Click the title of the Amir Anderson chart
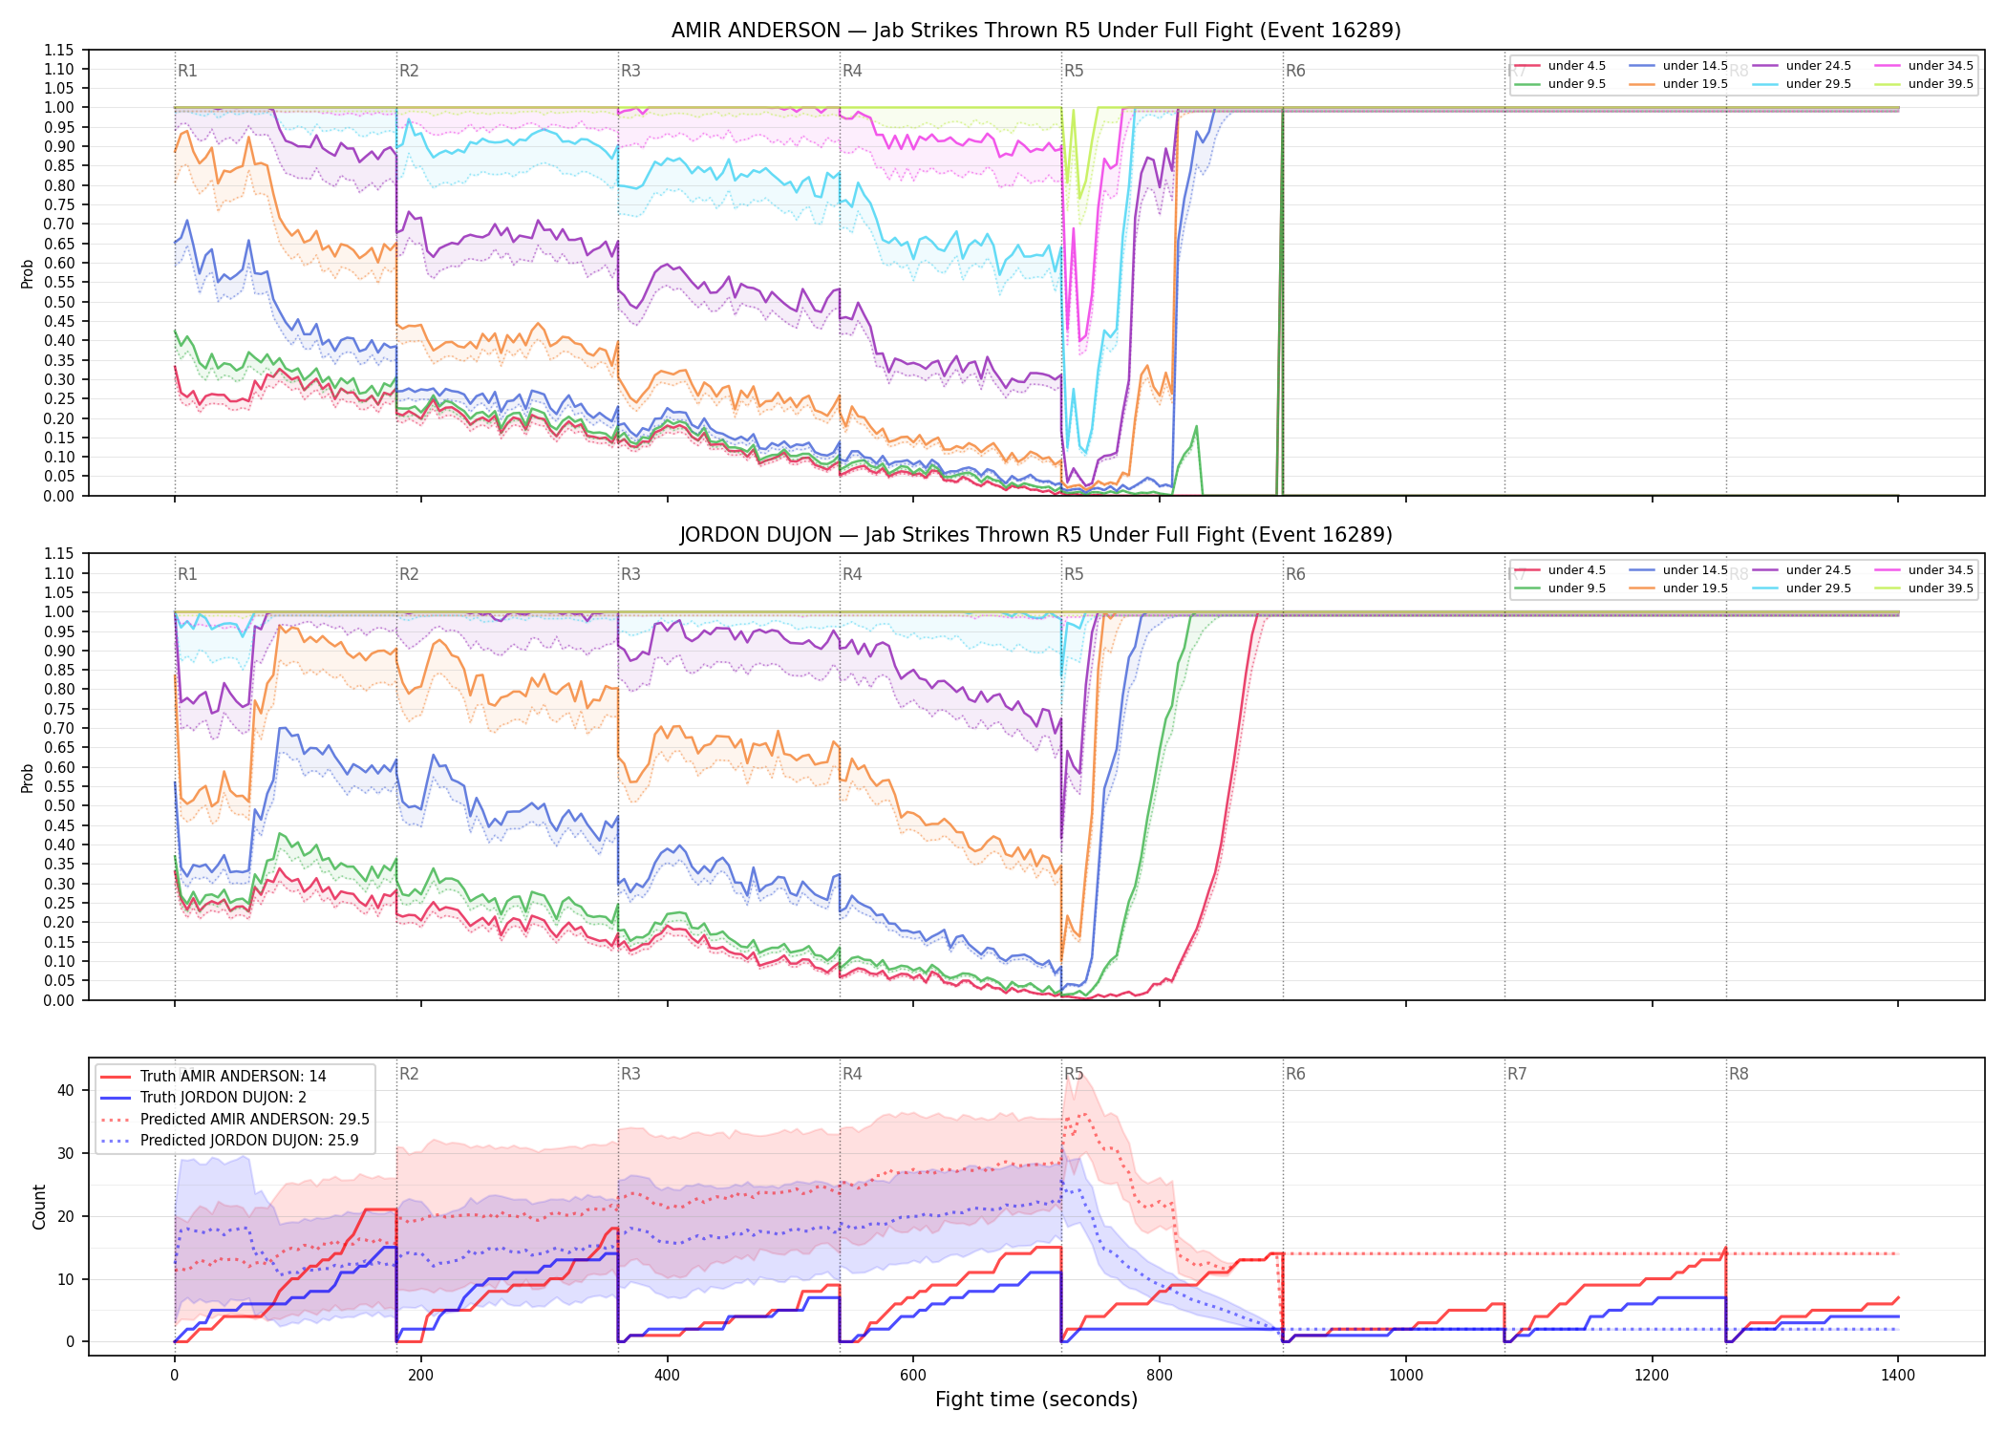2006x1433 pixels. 1035,31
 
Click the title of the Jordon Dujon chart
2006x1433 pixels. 1035,535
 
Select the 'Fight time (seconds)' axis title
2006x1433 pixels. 1036,1400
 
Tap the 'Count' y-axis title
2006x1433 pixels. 39,1207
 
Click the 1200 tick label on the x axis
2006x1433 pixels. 1652,1376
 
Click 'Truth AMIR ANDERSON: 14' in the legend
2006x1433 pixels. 233,1077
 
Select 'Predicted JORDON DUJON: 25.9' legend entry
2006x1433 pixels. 249,1141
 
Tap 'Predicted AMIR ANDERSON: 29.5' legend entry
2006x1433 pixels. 255,1120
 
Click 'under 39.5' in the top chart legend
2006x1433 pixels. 1941,84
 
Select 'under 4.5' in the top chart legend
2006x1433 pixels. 1577,66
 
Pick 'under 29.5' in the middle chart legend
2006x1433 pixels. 1819,588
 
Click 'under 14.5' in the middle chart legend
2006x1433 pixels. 1696,570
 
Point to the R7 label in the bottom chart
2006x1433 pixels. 1517,1074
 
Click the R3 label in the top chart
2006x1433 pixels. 630,71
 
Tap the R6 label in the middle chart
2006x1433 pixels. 1295,574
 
